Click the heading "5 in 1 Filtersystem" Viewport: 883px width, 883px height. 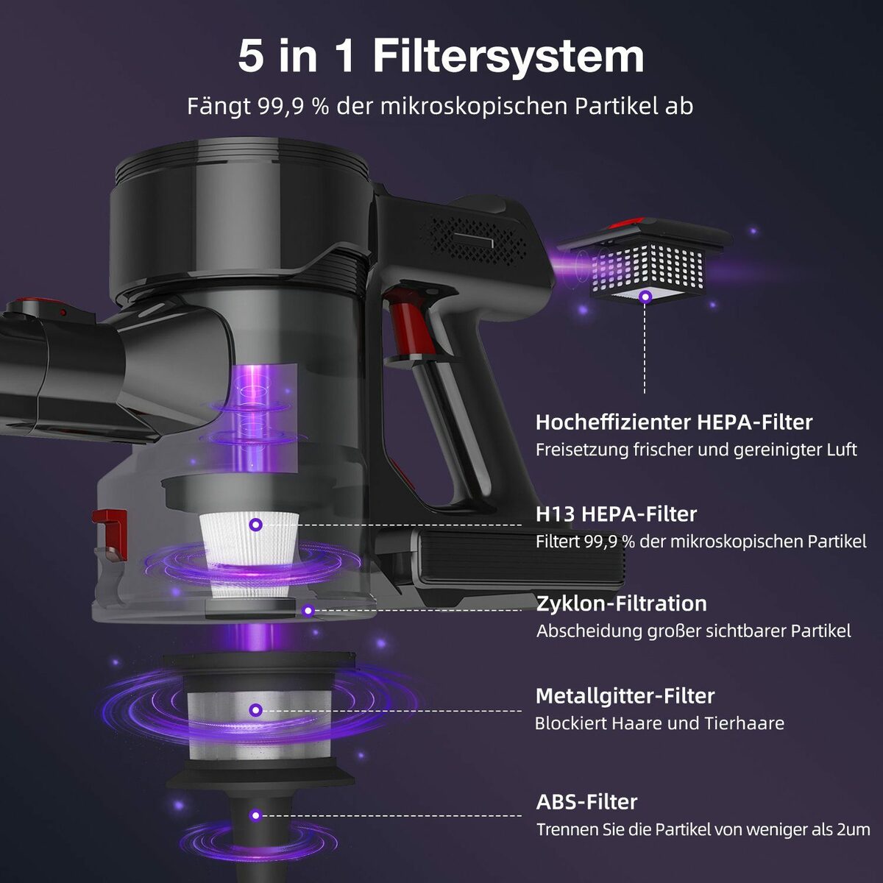coord(441,56)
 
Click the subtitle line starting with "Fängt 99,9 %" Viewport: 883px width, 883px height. coord(440,107)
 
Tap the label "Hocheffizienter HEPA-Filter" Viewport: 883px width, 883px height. coord(674,422)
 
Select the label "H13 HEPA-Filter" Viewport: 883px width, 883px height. coord(617,514)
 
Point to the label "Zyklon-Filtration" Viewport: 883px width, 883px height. coord(621,604)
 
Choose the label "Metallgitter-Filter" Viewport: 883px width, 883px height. coord(625,696)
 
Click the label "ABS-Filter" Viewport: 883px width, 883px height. coord(586,802)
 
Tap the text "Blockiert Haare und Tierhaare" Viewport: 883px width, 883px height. coord(659,723)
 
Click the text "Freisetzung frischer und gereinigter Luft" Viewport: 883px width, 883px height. coord(696,450)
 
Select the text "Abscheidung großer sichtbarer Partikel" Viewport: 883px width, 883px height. coord(694,631)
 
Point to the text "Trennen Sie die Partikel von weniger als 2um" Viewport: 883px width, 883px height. coord(703,829)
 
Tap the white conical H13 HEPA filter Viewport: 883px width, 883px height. coord(250,555)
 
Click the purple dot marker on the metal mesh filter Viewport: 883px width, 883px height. coord(256,710)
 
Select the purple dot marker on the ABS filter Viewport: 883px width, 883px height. coord(255,815)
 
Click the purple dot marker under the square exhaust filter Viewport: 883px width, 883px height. coord(645,297)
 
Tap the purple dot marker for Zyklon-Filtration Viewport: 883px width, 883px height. coord(308,611)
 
